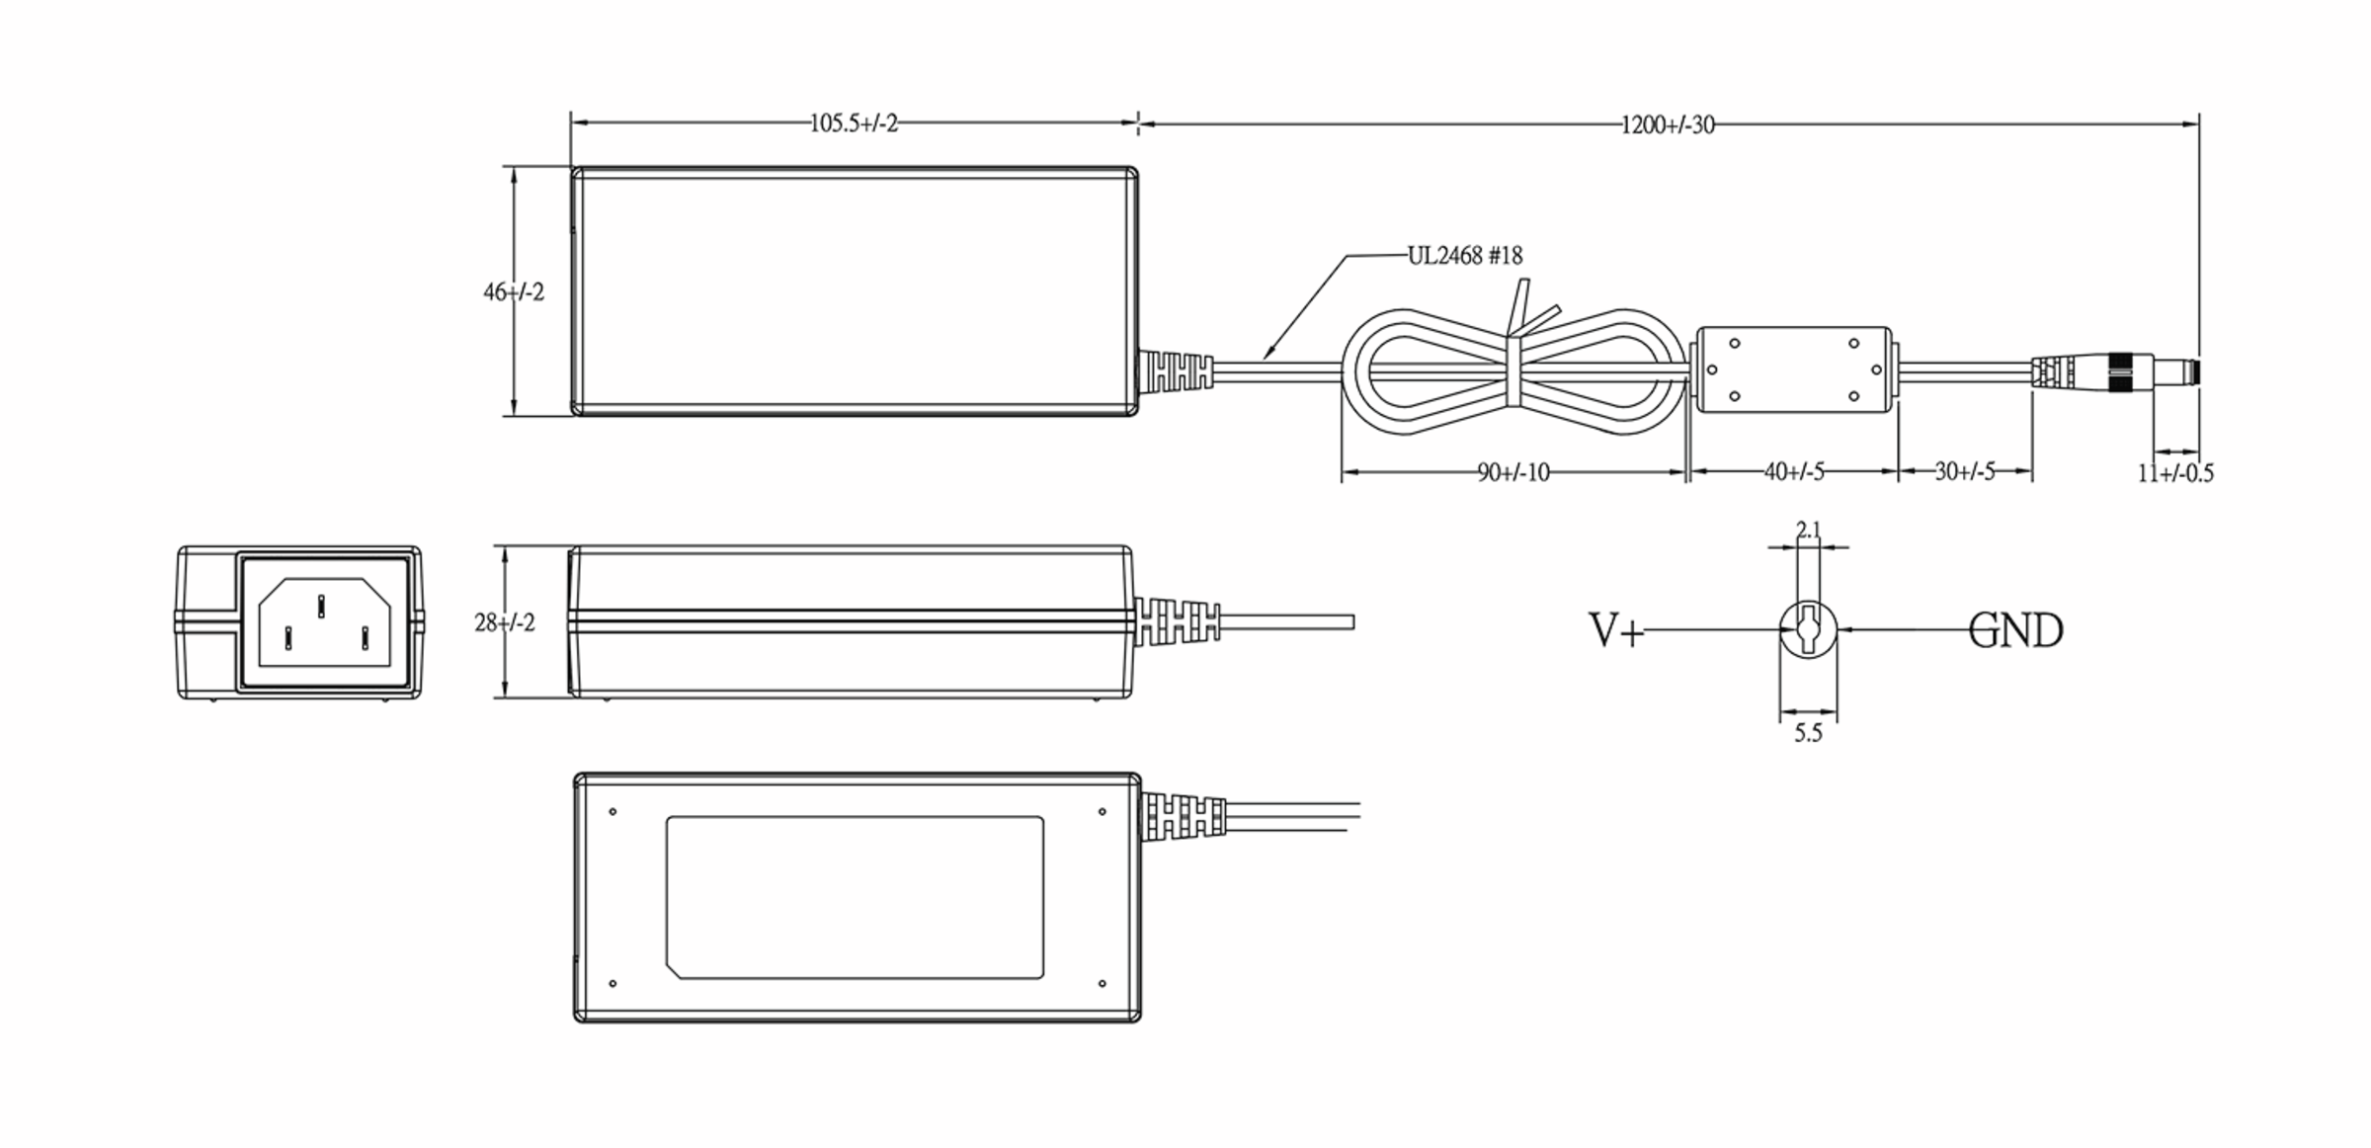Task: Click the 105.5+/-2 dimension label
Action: click(x=854, y=123)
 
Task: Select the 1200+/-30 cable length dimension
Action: click(x=1668, y=125)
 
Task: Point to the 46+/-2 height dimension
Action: click(x=513, y=292)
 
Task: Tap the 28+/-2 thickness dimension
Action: click(x=504, y=623)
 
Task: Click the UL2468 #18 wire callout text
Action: click(x=1464, y=256)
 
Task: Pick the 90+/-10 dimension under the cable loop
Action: click(x=1513, y=473)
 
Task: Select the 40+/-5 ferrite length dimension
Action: click(x=1794, y=472)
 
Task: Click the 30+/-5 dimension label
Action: click(x=1964, y=472)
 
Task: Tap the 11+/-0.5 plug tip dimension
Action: click(x=2175, y=474)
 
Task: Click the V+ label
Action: click(x=1615, y=630)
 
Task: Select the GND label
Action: click(x=2015, y=631)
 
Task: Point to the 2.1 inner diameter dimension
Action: click(x=1808, y=531)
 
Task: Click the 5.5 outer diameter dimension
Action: click(x=1808, y=734)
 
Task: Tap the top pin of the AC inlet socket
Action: click(x=321, y=605)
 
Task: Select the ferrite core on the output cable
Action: click(x=1793, y=370)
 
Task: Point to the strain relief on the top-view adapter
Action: click(x=1176, y=370)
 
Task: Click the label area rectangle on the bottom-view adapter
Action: click(x=855, y=897)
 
